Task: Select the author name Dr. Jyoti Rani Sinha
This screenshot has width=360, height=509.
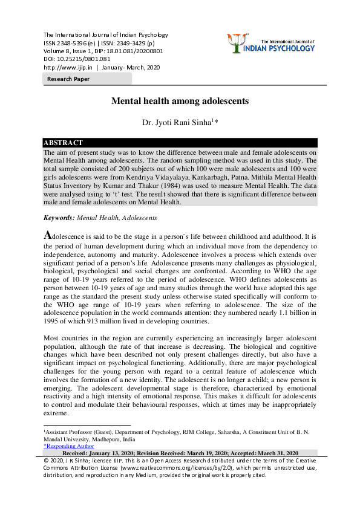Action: (x=180, y=123)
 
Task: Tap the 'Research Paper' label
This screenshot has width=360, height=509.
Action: (x=68, y=79)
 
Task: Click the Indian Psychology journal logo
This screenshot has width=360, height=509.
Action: (x=273, y=42)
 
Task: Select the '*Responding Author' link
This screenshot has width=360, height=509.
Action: (x=65, y=446)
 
